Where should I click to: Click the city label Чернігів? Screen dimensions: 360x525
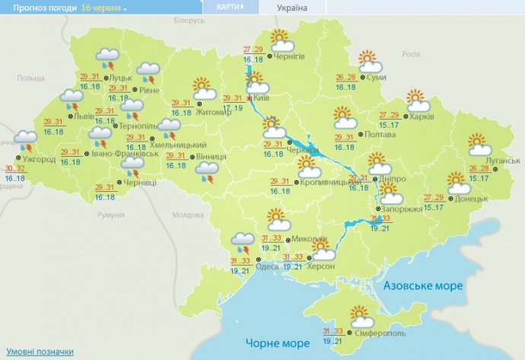[289, 56]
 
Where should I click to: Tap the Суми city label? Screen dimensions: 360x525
[375, 77]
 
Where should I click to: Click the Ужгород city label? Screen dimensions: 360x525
[39, 159]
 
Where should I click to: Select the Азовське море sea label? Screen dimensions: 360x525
[418, 285]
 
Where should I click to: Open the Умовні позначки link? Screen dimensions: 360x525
[37, 352]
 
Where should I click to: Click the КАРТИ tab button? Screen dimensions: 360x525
[230, 8]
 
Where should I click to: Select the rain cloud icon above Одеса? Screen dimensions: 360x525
[243, 243]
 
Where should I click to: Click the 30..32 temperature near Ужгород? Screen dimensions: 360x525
[14, 168]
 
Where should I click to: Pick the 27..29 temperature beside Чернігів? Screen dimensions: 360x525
[253, 49]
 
